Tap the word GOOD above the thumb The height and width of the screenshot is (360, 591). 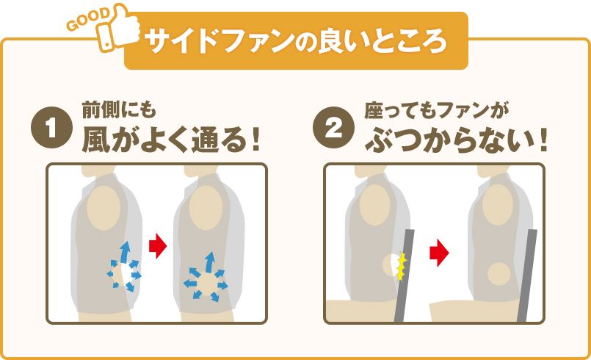[89, 19]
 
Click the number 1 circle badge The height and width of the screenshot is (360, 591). [51, 127]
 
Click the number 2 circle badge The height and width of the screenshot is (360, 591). [333, 127]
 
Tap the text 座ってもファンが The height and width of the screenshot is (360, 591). [437, 112]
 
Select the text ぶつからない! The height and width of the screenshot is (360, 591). [456, 140]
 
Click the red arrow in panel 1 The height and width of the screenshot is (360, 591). [158, 246]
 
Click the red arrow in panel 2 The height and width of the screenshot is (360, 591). [439, 253]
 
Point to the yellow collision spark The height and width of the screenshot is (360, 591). [402, 267]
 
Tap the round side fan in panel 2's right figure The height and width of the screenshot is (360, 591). [498, 273]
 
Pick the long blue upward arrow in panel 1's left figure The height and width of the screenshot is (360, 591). [125, 252]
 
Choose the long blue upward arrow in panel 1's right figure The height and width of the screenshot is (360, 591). [209, 262]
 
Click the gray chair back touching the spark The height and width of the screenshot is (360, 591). [404, 276]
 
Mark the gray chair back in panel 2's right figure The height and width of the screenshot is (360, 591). [527, 276]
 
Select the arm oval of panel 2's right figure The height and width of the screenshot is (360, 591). [498, 205]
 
